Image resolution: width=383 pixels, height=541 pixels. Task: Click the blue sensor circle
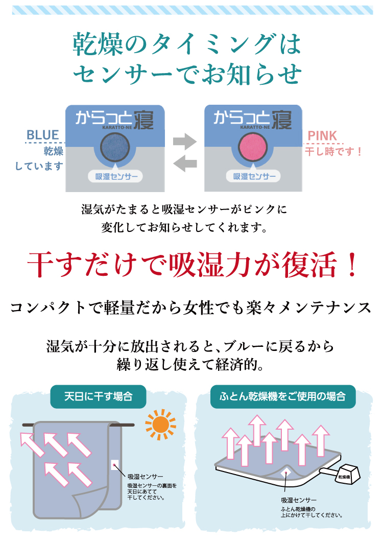[115, 147]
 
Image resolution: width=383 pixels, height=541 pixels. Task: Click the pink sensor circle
[253, 147]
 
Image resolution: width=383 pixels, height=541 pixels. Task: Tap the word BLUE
[43, 135]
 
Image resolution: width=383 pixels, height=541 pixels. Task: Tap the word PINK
[322, 135]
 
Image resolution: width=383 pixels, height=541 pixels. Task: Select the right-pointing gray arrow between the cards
[185, 141]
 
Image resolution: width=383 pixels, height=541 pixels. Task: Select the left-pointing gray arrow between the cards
[185, 163]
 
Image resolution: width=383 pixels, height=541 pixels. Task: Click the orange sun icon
[160, 425]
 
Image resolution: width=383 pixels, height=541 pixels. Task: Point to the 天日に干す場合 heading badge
[99, 396]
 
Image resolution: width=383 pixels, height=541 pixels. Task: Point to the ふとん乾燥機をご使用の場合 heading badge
[282, 396]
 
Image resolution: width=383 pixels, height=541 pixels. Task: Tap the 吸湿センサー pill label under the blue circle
[116, 177]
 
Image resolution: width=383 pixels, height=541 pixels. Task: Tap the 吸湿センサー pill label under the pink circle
[254, 177]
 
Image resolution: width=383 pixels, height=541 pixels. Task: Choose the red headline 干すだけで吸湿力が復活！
[193, 265]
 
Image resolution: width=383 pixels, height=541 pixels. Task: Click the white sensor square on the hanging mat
[115, 465]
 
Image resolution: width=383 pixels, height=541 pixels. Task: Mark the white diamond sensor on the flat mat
[285, 474]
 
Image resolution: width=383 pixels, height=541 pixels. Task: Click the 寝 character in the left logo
[143, 120]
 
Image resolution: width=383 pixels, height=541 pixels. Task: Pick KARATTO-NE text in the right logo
[255, 127]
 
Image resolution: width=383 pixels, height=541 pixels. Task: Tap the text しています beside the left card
[39, 167]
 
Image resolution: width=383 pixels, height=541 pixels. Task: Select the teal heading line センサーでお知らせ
[187, 74]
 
